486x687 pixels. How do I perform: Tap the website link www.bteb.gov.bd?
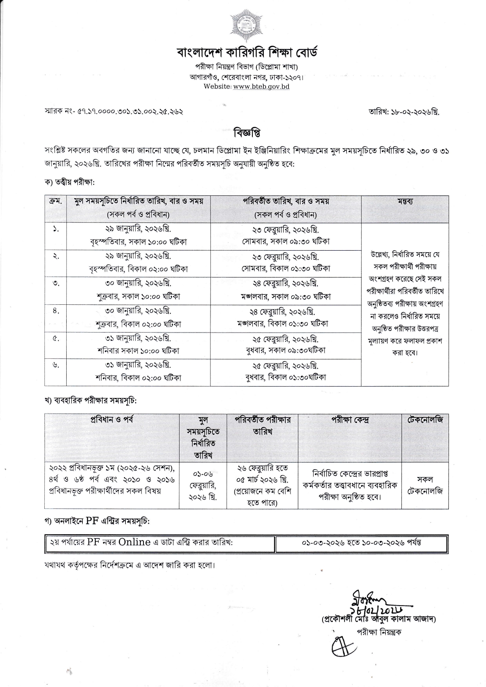click(261, 87)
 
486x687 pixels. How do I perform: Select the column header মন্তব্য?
click(404, 202)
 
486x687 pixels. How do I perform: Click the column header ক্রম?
click(55, 202)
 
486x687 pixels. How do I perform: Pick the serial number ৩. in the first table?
click(55, 283)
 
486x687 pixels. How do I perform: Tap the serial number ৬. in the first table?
click(55, 365)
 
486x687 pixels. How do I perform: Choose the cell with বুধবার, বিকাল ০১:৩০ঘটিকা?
click(285, 378)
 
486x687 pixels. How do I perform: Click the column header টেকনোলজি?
click(425, 420)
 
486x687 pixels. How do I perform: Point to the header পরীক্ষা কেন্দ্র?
click(350, 420)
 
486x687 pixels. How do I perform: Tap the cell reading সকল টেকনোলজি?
click(425, 485)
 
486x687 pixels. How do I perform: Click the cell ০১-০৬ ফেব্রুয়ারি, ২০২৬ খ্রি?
click(203, 485)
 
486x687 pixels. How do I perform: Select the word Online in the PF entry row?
click(134, 542)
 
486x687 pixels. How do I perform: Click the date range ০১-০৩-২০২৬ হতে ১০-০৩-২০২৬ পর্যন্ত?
click(361, 543)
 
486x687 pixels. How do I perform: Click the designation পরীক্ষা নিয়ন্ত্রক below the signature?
click(379, 632)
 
